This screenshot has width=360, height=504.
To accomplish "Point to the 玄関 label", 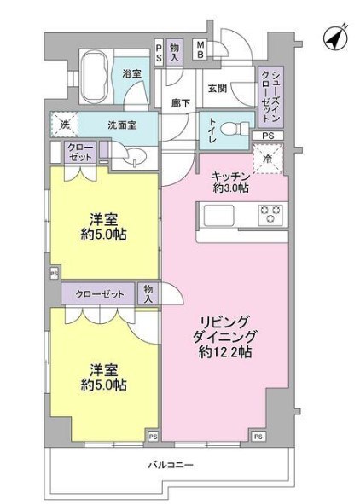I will click(x=216, y=87).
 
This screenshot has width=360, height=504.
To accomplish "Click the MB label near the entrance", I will click(x=200, y=49).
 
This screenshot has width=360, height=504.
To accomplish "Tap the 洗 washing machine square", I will click(x=65, y=125).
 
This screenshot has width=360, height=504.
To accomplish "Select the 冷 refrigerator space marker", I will click(x=269, y=159).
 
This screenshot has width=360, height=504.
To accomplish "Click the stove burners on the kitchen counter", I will click(x=271, y=213).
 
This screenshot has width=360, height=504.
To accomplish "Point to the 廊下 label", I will click(x=180, y=102).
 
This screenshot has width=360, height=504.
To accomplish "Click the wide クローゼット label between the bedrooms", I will click(x=99, y=294).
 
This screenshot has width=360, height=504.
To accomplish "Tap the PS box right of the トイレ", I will click(x=267, y=136).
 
